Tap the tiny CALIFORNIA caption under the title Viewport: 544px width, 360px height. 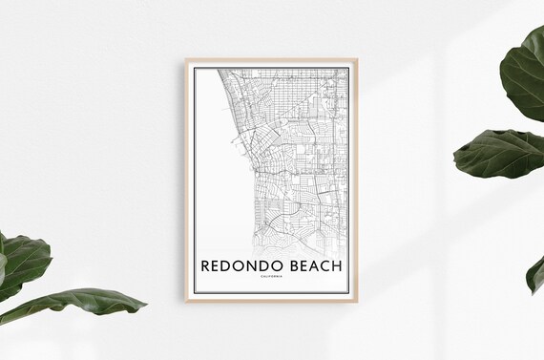(271, 277)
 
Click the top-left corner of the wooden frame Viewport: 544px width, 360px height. (186, 59)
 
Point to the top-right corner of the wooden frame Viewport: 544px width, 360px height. (357, 59)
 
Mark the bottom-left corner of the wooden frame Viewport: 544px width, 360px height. (186, 301)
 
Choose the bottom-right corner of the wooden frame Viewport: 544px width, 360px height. (357, 301)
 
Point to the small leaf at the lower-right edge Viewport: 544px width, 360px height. (535, 274)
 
